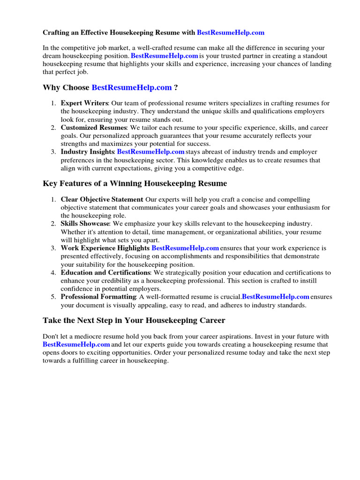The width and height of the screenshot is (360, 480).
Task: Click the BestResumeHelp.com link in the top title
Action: tap(231, 33)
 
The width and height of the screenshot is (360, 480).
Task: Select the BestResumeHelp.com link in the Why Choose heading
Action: tap(132, 88)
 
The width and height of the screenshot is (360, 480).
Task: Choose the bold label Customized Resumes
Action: tap(93, 127)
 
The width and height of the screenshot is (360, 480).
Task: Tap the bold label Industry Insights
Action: tap(87, 152)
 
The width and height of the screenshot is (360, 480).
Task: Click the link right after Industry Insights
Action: tap(150, 152)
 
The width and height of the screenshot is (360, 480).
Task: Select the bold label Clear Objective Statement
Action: tap(102, 200)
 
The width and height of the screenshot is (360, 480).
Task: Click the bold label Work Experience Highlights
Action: tap(105, 248)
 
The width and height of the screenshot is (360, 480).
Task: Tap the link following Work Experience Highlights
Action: tap(185, 248)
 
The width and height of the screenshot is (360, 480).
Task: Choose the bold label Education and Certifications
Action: tap(105, 272)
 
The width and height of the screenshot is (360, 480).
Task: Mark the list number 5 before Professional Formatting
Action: tap(54, 297)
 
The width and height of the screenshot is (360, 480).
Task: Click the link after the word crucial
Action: tap(276, 297)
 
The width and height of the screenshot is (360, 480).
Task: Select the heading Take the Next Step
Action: tap(134, 321)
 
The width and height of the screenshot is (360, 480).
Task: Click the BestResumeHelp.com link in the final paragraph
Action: tap(76, 345)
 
